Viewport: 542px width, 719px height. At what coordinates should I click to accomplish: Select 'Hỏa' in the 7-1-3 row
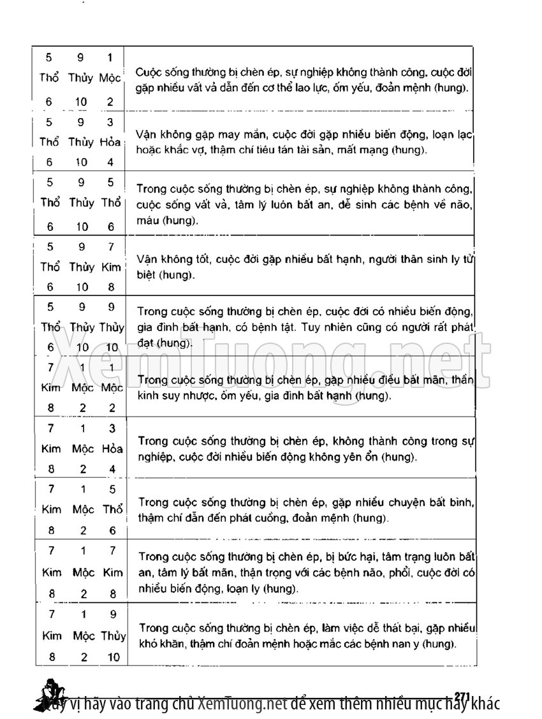click(x=112, y=448)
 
